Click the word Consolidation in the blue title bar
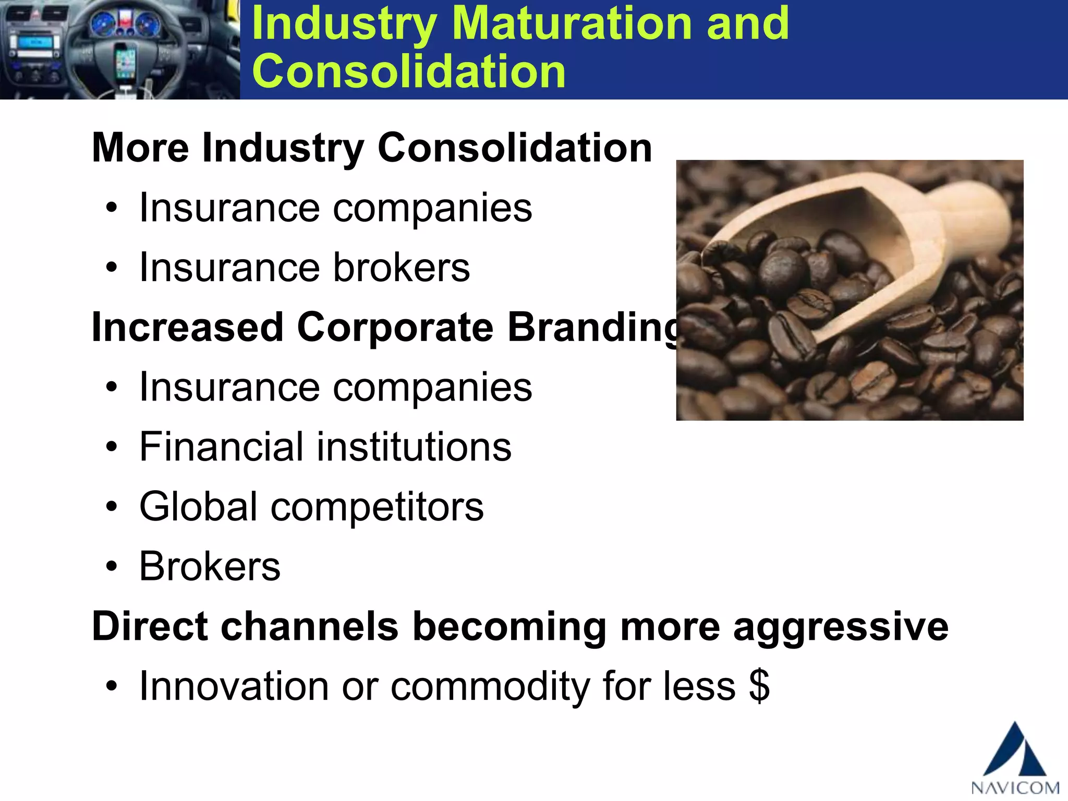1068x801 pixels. (408, 71)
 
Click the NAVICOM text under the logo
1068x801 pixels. (1015, 787)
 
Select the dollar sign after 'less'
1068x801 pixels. (759, 686)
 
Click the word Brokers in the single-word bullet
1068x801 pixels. (210, 567)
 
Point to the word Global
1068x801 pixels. (198, 507)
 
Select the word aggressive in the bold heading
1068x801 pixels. (841, 627)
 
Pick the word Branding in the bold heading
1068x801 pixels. (594, 328)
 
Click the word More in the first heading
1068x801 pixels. (140, 148)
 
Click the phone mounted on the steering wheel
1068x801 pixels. (125, 63)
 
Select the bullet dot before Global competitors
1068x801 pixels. (111, 507)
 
